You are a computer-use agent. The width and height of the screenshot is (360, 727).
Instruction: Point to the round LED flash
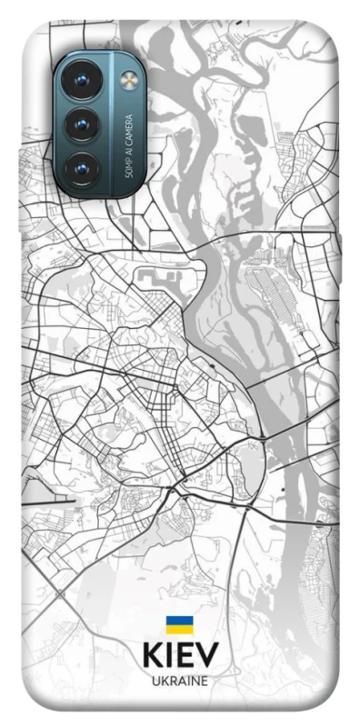click(x=126, y=80)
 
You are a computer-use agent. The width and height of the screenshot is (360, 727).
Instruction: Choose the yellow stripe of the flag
click(x=179, y=629)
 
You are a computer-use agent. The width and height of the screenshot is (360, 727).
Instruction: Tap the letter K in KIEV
click(x=152, y=655)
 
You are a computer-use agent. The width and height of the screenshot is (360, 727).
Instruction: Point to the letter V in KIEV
click(x=207, y=655)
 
